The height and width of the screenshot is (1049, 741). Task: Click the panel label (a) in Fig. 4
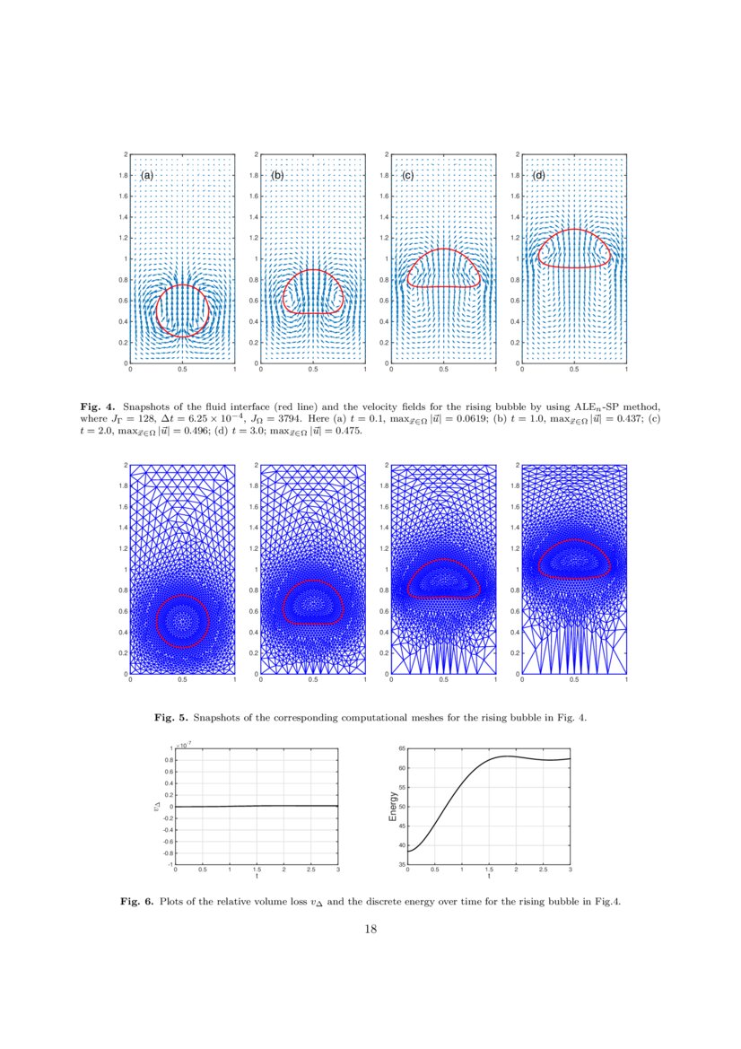point(148,176)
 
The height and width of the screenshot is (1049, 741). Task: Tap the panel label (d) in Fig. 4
point(539,176)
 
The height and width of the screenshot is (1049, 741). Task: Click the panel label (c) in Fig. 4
point(408,176)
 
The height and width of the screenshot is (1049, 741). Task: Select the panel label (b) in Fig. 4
point(277,176)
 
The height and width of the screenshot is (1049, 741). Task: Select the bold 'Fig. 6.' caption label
point(137,902)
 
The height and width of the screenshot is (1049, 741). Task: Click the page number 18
point(370,930)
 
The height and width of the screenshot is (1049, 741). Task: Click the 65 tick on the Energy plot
point(402,748)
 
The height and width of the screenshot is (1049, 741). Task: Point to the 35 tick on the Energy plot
point(402,864)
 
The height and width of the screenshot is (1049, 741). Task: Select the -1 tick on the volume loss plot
point(170,864)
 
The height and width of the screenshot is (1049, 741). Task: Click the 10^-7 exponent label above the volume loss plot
point(184,745)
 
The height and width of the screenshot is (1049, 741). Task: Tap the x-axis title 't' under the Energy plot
point(489,877)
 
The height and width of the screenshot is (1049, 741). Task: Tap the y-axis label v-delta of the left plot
point(159,807)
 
